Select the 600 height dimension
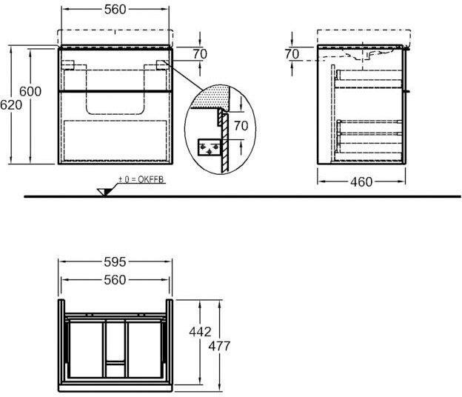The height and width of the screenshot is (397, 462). pyautogui.click(x=30, y=92)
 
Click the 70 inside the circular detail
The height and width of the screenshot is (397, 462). pyautogui.click(x=241, y=126)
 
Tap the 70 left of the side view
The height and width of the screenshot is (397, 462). pyautogui.click(x=292, y=53)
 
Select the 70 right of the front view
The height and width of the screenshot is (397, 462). pyautogui.click(x=199, y=53)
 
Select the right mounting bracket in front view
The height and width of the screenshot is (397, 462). pyautogui.click(x=163, y=65)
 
